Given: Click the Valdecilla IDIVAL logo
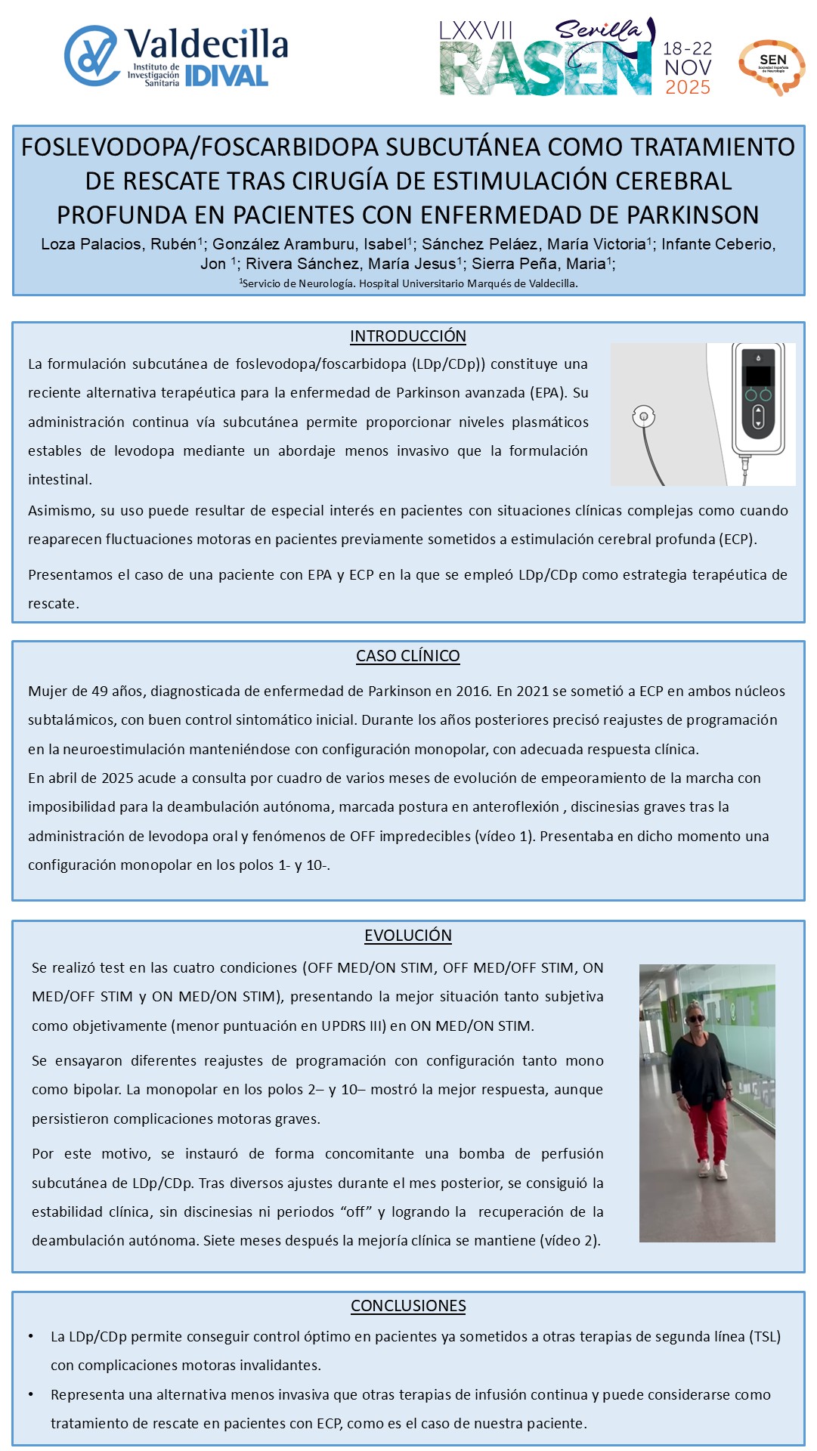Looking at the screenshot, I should pyautogui.click(x=176, y=56).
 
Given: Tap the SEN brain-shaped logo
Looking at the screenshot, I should pyautogui.click(x=772, y=67).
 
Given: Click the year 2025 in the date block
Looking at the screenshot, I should pyautogui.click(x=687, y=88).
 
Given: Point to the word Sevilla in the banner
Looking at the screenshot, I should pyautogui.click(x=598, y=30).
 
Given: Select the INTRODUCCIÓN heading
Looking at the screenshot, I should pyautogui.click(x=408, y=336).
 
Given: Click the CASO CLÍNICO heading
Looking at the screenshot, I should pyautogui.click(x=408, y=656).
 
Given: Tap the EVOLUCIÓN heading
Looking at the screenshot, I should pyautogui.click(x=408, y=936).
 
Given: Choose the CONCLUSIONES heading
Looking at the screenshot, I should pyautogui.click(x=408, y=1306).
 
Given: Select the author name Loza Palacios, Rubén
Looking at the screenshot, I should pyautogui.click(x=119, y=244).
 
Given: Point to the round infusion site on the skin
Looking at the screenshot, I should pyautogui.click(x=643, y=416).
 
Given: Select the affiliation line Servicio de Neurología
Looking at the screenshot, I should pyautogui.click(x=408, y=283).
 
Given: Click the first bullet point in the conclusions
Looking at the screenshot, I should pyautogui.click(x=31, y=1337).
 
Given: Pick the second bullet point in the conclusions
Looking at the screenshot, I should pyautogui.click(x=31, y=1395).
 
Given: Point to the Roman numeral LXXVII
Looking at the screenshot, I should pyautogui.click(x=476, y=31).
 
